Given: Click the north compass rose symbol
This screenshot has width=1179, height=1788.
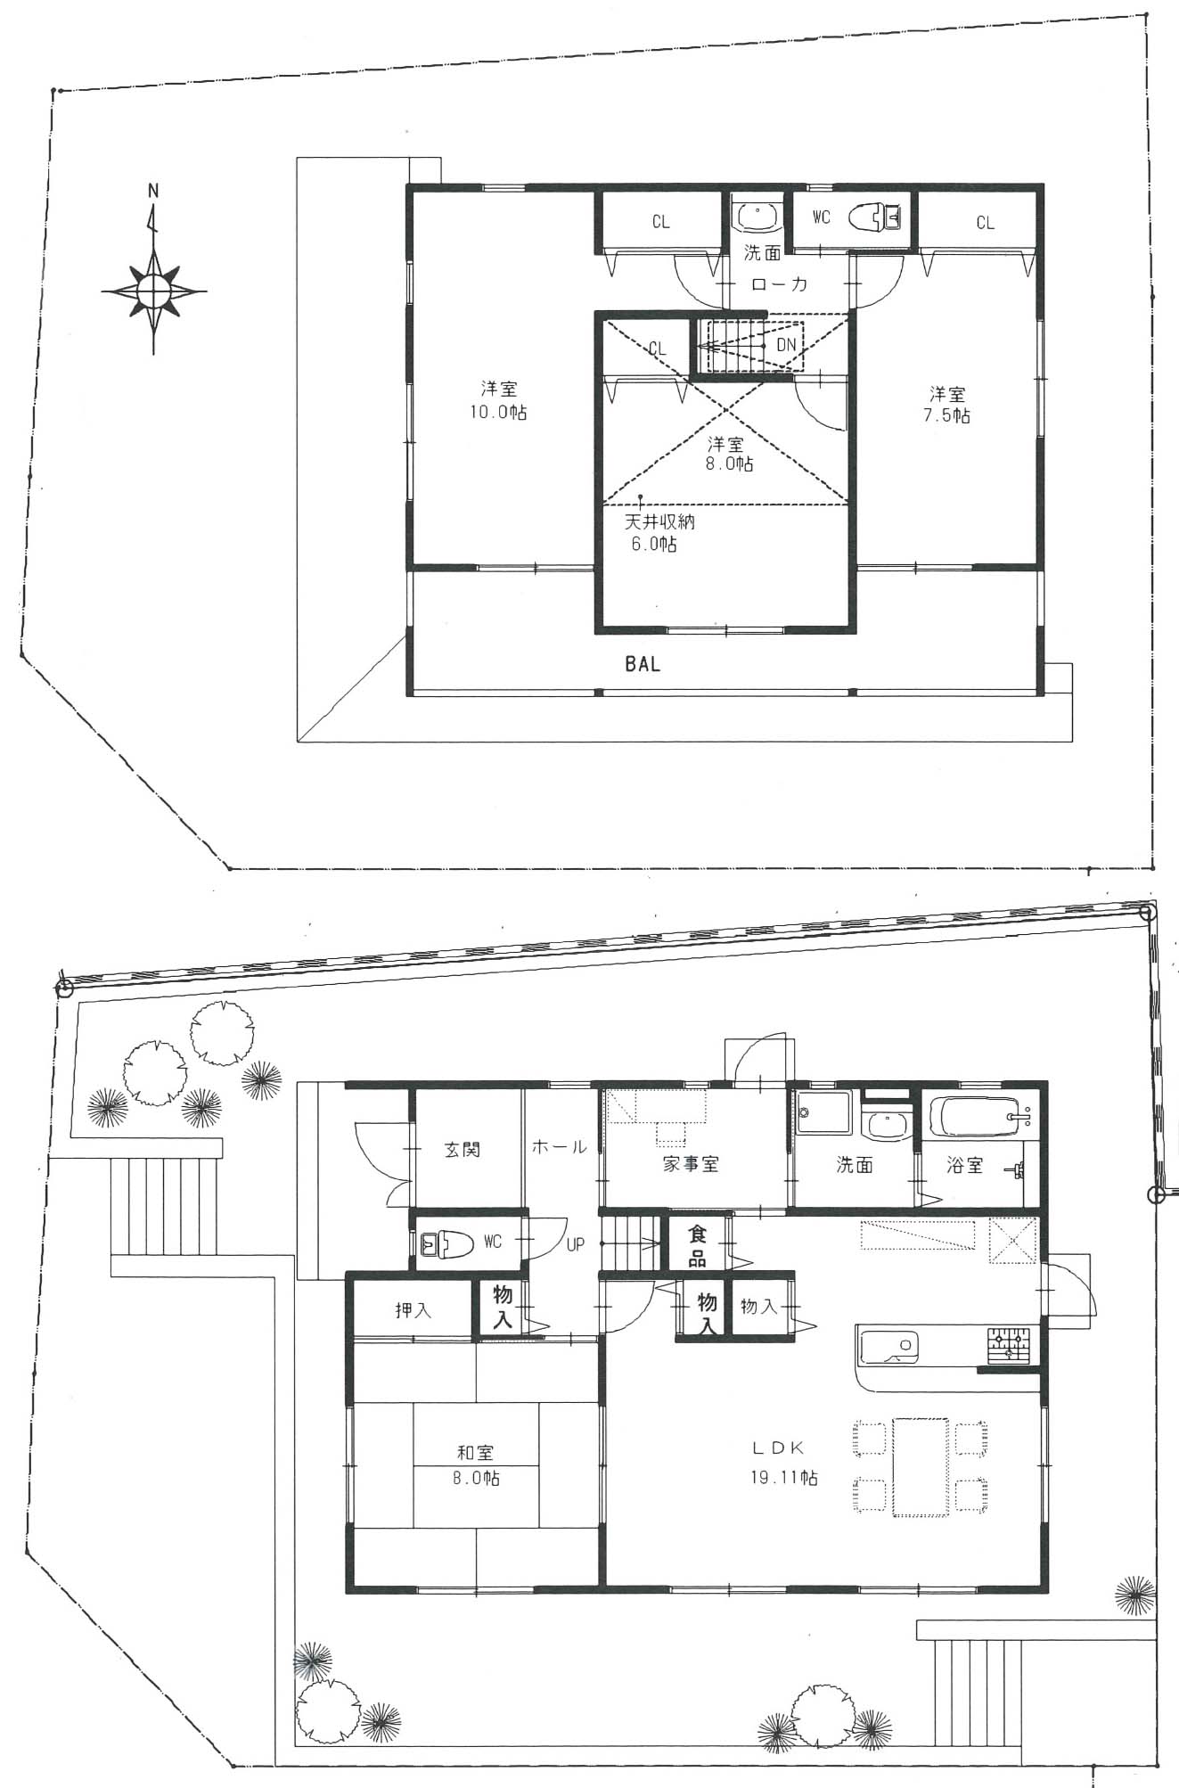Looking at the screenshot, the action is pos(153,290).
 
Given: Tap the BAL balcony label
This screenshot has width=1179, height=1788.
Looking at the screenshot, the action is pos(643,664).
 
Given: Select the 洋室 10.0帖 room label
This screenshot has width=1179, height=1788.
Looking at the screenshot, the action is pos(499,400).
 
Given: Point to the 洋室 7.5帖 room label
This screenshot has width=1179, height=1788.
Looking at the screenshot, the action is pos(947,404).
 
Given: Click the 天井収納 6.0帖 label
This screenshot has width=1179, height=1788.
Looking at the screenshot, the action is pos(659,532).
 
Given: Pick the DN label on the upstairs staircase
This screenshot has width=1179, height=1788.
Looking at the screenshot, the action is pos(786,345).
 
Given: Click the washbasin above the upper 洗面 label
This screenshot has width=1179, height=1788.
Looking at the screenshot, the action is pos(757,217).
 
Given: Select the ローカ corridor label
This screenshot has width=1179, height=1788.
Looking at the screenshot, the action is pos(779,284).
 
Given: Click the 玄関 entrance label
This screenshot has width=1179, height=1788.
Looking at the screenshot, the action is pos(463,1149).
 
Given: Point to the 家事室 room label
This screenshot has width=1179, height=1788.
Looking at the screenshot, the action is pos(691,1163).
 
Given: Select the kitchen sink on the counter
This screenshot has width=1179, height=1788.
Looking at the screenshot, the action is pos(888,1346).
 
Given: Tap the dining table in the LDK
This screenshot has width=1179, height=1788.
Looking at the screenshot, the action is pos(921,1466).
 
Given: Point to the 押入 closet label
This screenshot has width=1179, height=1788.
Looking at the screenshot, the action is pos(413,1310).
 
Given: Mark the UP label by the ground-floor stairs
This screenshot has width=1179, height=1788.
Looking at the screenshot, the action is pos(576,1243).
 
